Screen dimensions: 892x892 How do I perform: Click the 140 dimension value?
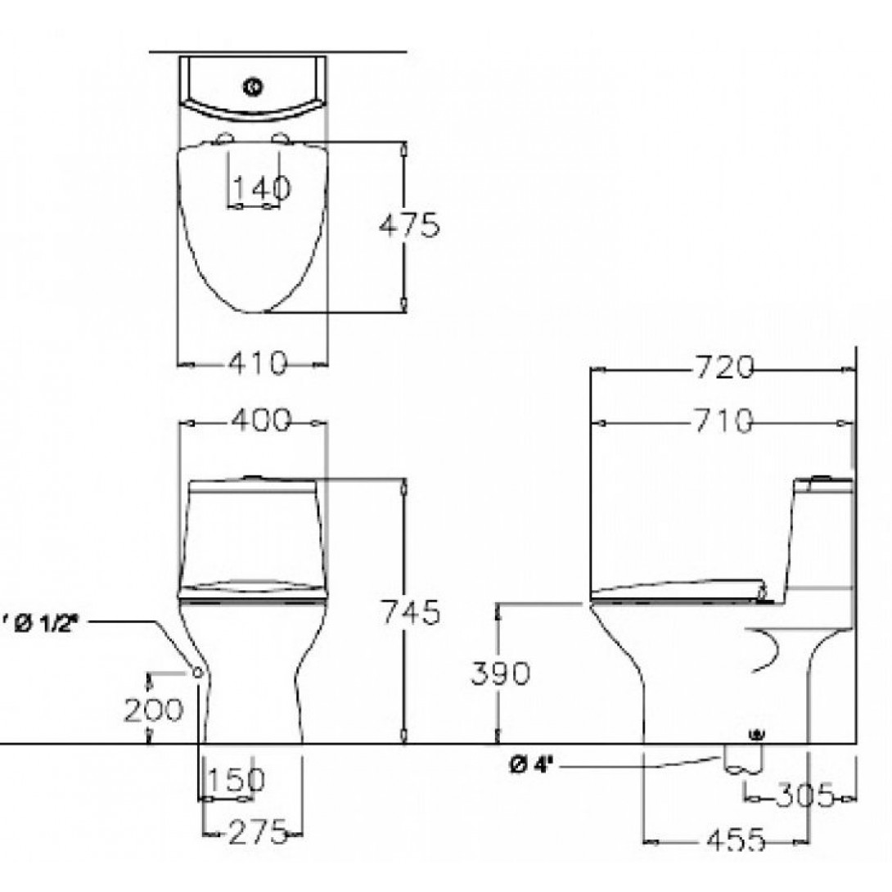point(262,187)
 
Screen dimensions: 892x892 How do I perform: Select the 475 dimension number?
point(410,225)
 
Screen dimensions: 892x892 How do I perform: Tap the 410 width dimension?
point(258,363)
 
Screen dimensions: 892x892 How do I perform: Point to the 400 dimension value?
point(261,421)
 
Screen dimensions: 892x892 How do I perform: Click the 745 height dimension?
point(410,612)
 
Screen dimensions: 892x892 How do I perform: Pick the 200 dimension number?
point(154,710)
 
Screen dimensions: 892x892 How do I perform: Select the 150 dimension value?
point(237,779)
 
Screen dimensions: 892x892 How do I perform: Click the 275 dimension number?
point(259,833)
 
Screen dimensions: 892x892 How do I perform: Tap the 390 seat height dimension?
point(500,673)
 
